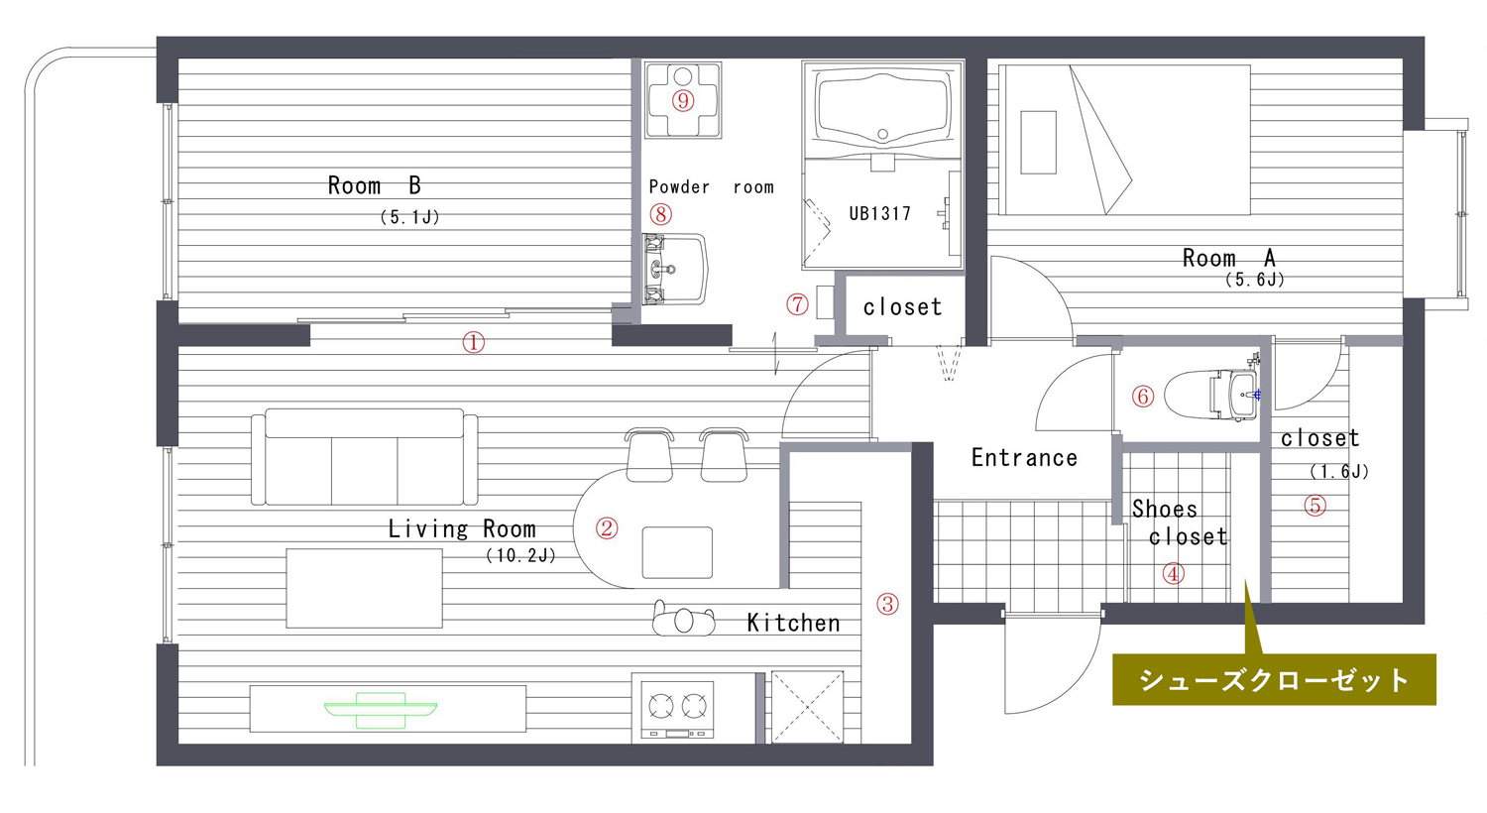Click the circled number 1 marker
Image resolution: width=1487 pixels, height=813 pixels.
click(x=473, y=342)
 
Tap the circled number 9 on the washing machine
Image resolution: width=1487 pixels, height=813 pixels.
click(x=682, y=101)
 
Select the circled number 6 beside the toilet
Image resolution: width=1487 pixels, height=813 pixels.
click(x=1142, y=397)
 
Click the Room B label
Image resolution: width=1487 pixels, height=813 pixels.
click(x=375, y=185)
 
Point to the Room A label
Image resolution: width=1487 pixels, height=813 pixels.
click(x=1229, y=258)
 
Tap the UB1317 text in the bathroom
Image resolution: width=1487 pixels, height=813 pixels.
click(x=879, y=213)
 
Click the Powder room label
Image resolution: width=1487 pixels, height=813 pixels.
click(x=711, y=186)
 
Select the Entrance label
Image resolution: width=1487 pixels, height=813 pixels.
click(x=1024, y=457)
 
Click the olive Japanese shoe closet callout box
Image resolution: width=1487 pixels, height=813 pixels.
click(x=1274, y=679)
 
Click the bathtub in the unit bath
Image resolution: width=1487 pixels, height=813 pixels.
click(x=882, y=110)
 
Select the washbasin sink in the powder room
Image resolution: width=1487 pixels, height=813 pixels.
click(x=674, y=269)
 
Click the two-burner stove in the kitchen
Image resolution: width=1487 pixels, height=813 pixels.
click(x=677, y=709)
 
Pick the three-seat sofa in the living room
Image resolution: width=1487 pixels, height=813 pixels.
click(x=365, y=457)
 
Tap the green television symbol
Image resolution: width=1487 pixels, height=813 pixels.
click(x=381, y=710)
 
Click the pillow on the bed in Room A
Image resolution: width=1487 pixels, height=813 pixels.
click(x=1038, y=143)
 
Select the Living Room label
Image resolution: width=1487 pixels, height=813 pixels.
click(x=462, y=529)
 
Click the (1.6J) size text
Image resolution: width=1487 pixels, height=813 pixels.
click(x=1339, y=472)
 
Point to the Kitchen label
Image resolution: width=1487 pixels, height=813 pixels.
click(x=793, y=623)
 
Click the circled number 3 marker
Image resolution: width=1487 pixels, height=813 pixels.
click(x=887, y=604)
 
